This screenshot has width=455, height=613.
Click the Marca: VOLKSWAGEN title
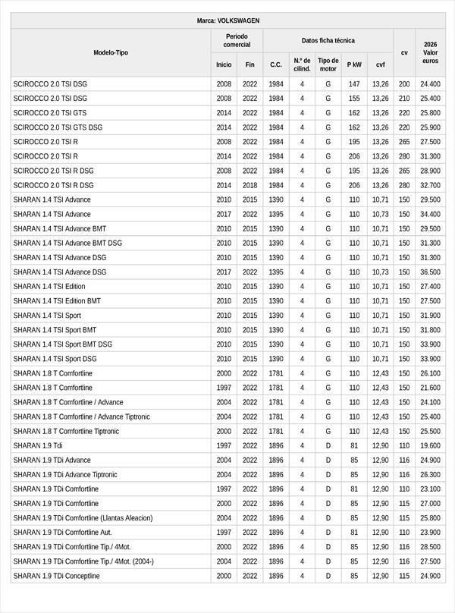[x=227, y=21]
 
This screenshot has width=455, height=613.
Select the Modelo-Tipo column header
[x=111, y=52]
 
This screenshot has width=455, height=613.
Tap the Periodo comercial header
[x=237, y=40]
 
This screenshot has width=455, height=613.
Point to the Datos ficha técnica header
[x=328, y=40]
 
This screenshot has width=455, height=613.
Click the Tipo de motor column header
[x=328, y=64]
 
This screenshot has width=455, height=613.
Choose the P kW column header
[x=354, y=64]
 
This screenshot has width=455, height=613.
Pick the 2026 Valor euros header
[x=430, y=52]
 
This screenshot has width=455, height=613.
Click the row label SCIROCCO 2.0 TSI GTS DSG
[x=58, y=127]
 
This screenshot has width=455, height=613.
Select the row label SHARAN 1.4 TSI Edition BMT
[x=57, y=301]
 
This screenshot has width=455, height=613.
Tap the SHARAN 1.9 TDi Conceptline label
[x=56, y=576]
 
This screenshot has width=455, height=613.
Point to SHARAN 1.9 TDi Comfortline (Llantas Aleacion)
[x=83, y=518]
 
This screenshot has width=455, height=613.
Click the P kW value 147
[x=354, y=84]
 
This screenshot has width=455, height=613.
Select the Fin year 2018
[x=249, y=185]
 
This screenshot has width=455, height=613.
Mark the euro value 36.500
[x=430, y=272]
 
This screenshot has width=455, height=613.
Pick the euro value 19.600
[x=430, y=446]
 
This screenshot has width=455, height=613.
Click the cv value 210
[x=404, y=99]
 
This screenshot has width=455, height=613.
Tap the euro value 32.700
[x=430, y=185]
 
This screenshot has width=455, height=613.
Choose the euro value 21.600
[x=430, y=388]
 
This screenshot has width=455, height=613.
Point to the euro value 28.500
[x=430, y=547]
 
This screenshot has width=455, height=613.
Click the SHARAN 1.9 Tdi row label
[x=38, y=446]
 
